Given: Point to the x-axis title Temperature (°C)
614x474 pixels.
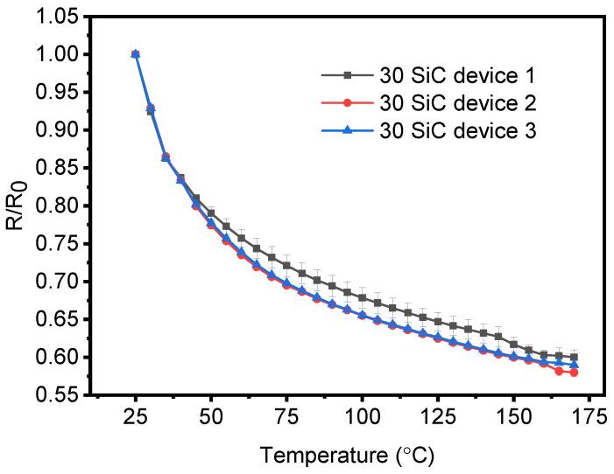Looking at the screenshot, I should pos(345,455).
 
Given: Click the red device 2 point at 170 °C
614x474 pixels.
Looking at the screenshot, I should pos(574,373).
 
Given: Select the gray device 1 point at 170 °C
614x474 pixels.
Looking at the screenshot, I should pos(574,357).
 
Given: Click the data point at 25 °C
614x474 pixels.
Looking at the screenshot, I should pos(135,53).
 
